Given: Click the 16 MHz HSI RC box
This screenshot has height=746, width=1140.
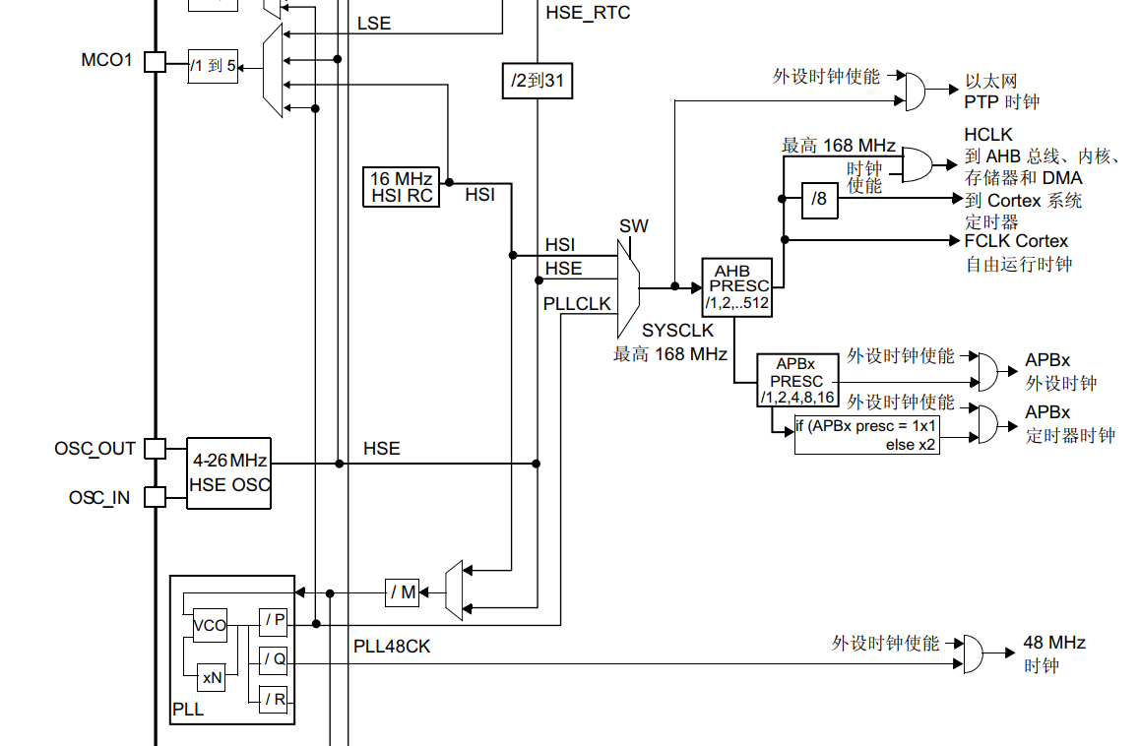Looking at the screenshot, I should [400, 187].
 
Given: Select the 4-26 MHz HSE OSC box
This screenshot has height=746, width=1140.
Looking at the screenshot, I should [228, 472].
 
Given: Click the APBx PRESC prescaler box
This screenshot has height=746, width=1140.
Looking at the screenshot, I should [796, 381].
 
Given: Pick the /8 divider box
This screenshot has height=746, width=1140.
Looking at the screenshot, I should [819, 200].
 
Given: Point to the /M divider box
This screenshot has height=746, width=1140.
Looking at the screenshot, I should [403, 592].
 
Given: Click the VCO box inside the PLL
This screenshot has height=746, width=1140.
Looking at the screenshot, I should [210, 625].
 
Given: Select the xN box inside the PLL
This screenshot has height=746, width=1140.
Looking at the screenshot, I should [212, 677].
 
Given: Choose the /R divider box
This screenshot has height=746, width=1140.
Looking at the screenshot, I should [274, 700].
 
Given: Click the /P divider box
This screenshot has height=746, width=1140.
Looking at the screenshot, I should [274, 621].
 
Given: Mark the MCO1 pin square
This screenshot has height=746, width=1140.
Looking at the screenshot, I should [155, 62].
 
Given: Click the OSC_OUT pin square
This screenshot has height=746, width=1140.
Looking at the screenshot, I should [155, 449].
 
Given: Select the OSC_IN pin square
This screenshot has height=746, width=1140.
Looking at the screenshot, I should [155, 497].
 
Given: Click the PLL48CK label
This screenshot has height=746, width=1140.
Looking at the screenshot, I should [392, 647].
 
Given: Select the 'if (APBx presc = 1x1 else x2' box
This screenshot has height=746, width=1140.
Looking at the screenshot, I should [866, 435].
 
